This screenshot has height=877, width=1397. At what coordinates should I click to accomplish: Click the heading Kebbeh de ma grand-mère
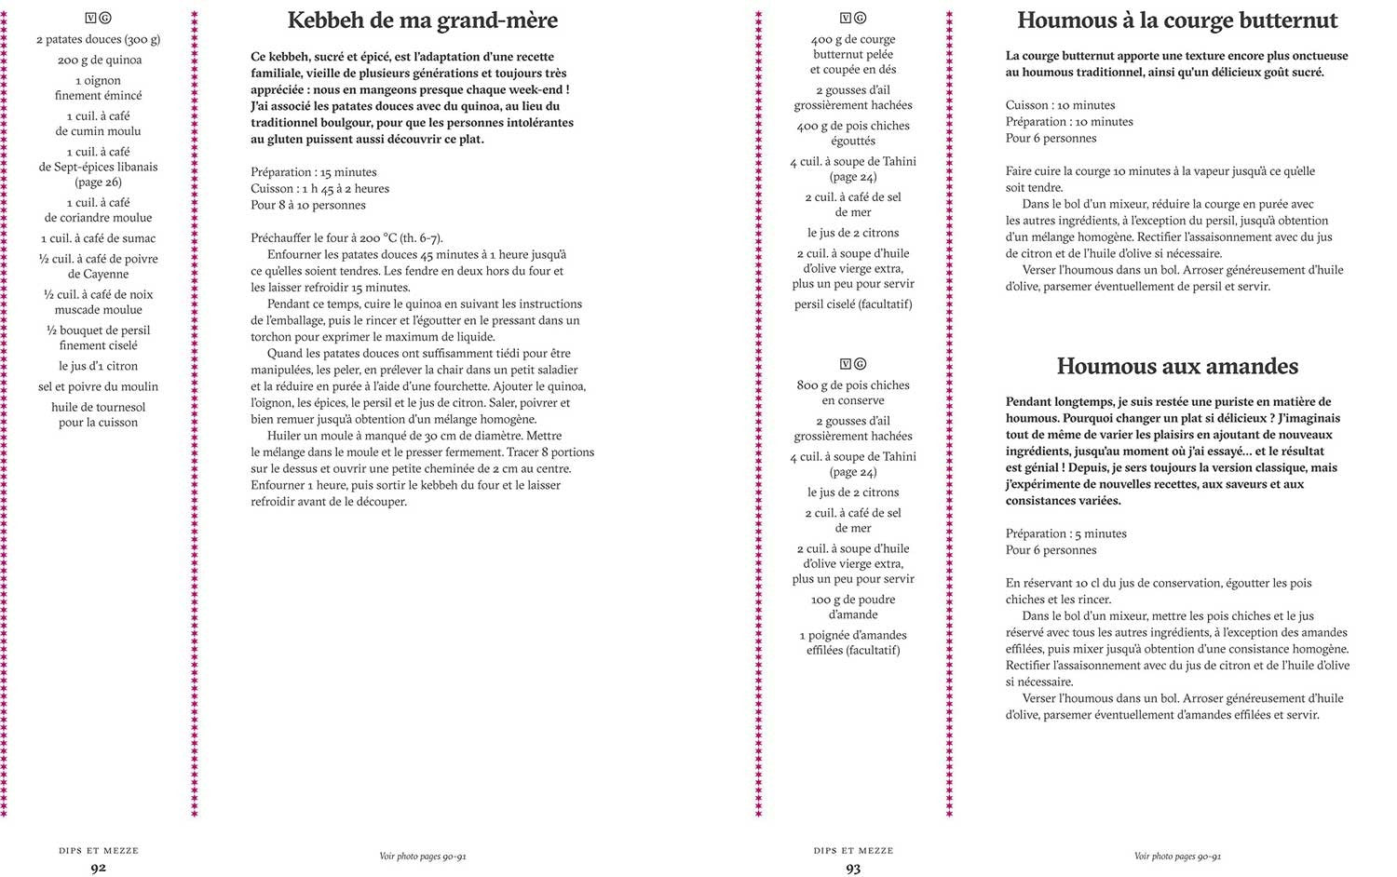pyautogui.click(x=422, y=20)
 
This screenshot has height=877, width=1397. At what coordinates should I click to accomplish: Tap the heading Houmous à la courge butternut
pyautogui.click(x=1177, y=20)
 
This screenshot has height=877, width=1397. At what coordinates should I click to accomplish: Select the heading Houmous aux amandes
pyautogui.click(x=1177, y=366)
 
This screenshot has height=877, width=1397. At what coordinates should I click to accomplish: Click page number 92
pyautogui.click(x=98, y=868)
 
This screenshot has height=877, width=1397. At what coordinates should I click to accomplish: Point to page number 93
pyautogui.click(x=853, y=868)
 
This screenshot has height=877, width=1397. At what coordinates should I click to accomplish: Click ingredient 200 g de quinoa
pyautogui.click(x=99, y=60)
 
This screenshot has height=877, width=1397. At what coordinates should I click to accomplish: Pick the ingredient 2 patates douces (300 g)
pyautogui.click(x=99, y=39)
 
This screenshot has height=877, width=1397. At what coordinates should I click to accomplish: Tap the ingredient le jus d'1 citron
pyautogui.click(x=99, y=366)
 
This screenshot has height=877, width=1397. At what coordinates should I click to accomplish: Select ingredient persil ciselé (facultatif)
pyautogui.click(x=853, y=304)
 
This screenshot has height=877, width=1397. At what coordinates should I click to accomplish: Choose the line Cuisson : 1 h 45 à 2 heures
pyautogui.click(x=319, y=188)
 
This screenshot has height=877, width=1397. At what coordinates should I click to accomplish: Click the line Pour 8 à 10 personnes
pyautogui.click(x=308, y=205)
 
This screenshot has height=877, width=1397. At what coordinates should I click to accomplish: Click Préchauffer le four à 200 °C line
pyautogui.click(x=346, y=237)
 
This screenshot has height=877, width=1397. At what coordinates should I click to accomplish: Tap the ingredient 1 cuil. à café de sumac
pyautogui.click(x=99, y=238)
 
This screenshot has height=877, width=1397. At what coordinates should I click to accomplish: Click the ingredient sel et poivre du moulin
pyautogui.click(x=99, y=386)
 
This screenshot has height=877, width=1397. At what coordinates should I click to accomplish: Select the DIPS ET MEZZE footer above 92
pyautogui.click(x=98, y=850)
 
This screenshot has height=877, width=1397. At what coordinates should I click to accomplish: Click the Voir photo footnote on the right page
pyautogui.click(x=1177, y=857)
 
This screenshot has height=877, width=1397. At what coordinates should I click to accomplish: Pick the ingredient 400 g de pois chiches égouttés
pyautogui.click(x=853, y=133)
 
